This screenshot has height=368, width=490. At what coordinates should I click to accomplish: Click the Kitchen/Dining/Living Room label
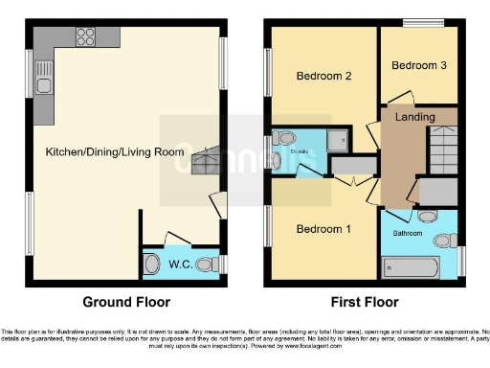pos(114,152)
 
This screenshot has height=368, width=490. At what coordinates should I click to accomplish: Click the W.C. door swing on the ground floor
pos(178,237)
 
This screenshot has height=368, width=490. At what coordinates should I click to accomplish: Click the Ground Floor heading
pos(126,301)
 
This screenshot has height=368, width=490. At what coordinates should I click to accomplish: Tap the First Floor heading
pos(364,301)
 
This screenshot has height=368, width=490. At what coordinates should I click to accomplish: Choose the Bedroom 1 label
pos(323,229)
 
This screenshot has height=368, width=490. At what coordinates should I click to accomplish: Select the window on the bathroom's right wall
pos(460,259)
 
